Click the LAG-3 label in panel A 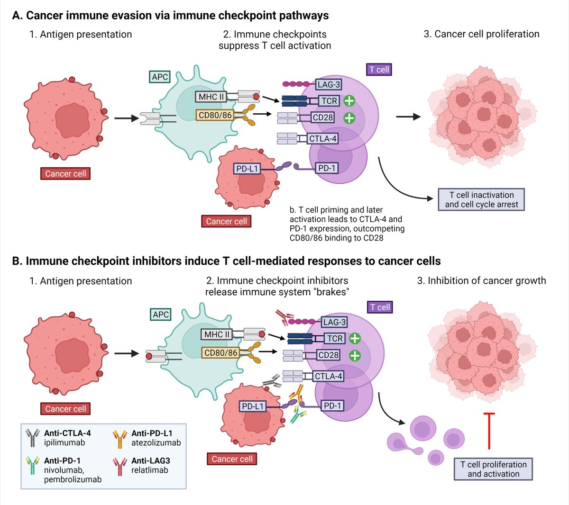(x=329, y=85)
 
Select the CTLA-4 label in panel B (x=328, y=377)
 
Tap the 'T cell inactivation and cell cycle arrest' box (x=481, y=199)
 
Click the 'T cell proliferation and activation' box (x=493, y=469)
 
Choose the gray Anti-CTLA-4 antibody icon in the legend (x=32, y=438)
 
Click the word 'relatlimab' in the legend (x=150, y=470)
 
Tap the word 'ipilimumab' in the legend (x=64, y=443)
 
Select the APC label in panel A (x=160, y=77)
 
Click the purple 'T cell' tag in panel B (x=380, y=307)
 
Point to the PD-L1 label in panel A (x=247, y=169)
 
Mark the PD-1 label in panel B (x=332, y=406)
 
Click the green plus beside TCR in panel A (x=349, y=100)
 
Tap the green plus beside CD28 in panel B (x=355, y=355)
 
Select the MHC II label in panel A (x=211, y=97)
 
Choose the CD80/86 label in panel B (x=220, y=353)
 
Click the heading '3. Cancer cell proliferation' (x=481, y=34)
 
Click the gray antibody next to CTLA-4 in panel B (x=272, y=379)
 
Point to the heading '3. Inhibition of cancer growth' (x=481, y=281)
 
